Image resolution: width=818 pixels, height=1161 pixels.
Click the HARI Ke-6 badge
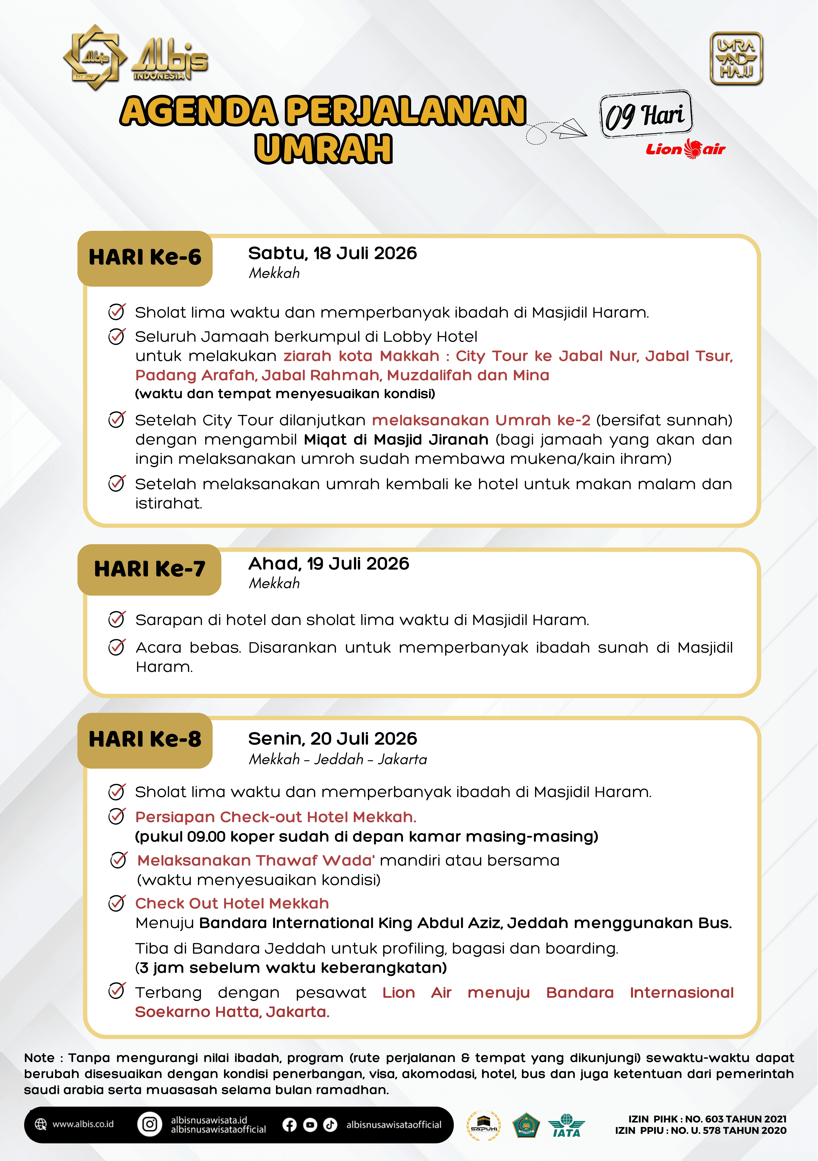point(145,258)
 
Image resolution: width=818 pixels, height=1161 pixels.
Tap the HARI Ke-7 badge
point(150,569)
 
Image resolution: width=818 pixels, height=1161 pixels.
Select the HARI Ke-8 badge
point(145,740)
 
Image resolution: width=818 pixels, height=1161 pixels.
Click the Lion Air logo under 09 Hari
point(685,149)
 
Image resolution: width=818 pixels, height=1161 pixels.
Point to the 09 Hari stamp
point(646,115)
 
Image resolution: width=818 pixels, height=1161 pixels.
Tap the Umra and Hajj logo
point(736,59)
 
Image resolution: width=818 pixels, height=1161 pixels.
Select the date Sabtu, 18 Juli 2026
point(332,253)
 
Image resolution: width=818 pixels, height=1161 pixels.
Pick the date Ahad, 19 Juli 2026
point(329,564)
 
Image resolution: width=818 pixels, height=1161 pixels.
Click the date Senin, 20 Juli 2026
point(332,739)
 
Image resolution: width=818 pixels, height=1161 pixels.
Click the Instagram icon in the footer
point(150,1124)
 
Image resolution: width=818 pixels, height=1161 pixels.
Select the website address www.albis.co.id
point(83,1124)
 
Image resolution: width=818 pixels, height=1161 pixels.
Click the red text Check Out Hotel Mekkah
point(232,904)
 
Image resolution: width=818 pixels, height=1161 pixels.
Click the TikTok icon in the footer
point(330,1124)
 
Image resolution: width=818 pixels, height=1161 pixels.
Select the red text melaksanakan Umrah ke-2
point(481,420)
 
